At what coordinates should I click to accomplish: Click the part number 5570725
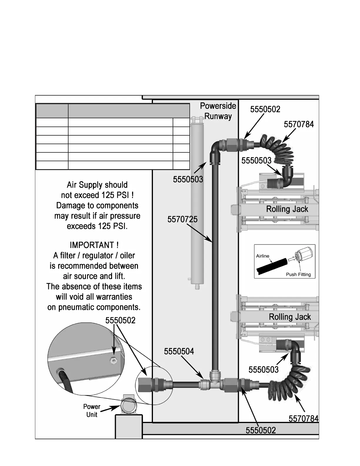pyautogui.click(x=182, y=219)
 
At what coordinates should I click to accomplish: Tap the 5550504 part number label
pyautogui.click(x=179, y=351)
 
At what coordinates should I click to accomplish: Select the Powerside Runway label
pyautogui.click(x=218, y=111)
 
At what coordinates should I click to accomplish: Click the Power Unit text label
pyautogui.click(x=92, y=410)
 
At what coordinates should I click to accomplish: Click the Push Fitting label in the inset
pyautogui.click(x=298, y=274)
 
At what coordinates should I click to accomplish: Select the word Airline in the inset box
pyautogui.click(x=262, y=256)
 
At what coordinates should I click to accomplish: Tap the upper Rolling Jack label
pyautogui.click(x=287, y=209)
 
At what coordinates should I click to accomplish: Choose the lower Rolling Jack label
pyautogui.click(x=290, y=317)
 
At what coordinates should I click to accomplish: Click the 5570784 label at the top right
pyautogui.click(x=299, y=124)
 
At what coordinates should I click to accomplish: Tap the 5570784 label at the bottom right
pyautogui.click(x=303, y=418)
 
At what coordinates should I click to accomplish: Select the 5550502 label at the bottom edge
pyautogui.click(x=261, y=430)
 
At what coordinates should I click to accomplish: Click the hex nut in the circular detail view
pyautogui.click(x=113, y=360)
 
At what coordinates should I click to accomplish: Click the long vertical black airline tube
pyautogui.click(x=215, y=265)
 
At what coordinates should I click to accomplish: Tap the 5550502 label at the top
pyautogui.click(x=265, y=109)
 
